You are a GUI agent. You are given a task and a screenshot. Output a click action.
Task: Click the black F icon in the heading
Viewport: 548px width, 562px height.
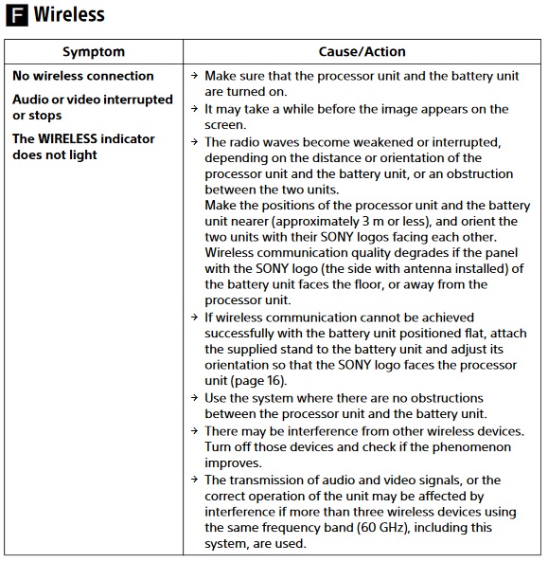pyautogui.click(x=17, y=15)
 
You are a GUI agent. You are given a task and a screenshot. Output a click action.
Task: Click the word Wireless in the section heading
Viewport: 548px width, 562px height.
pyautogui.click(x=69, y=15)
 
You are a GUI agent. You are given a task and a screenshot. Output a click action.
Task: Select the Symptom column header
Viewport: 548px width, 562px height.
pyautogui.click(x=94, y=52)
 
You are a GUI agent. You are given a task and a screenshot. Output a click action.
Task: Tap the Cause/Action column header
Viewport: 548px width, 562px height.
pyautogui.click(x=362, y=52)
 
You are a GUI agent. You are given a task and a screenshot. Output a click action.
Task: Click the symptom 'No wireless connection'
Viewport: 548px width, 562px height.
pyautogui.click(x=83, y=76)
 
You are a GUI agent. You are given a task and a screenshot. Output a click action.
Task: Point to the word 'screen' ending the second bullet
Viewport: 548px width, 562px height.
pyautogui.click(x=226, y=124)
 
